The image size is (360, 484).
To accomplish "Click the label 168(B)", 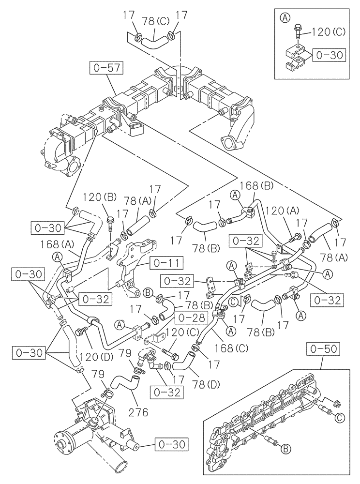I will click(x=250, y=184).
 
